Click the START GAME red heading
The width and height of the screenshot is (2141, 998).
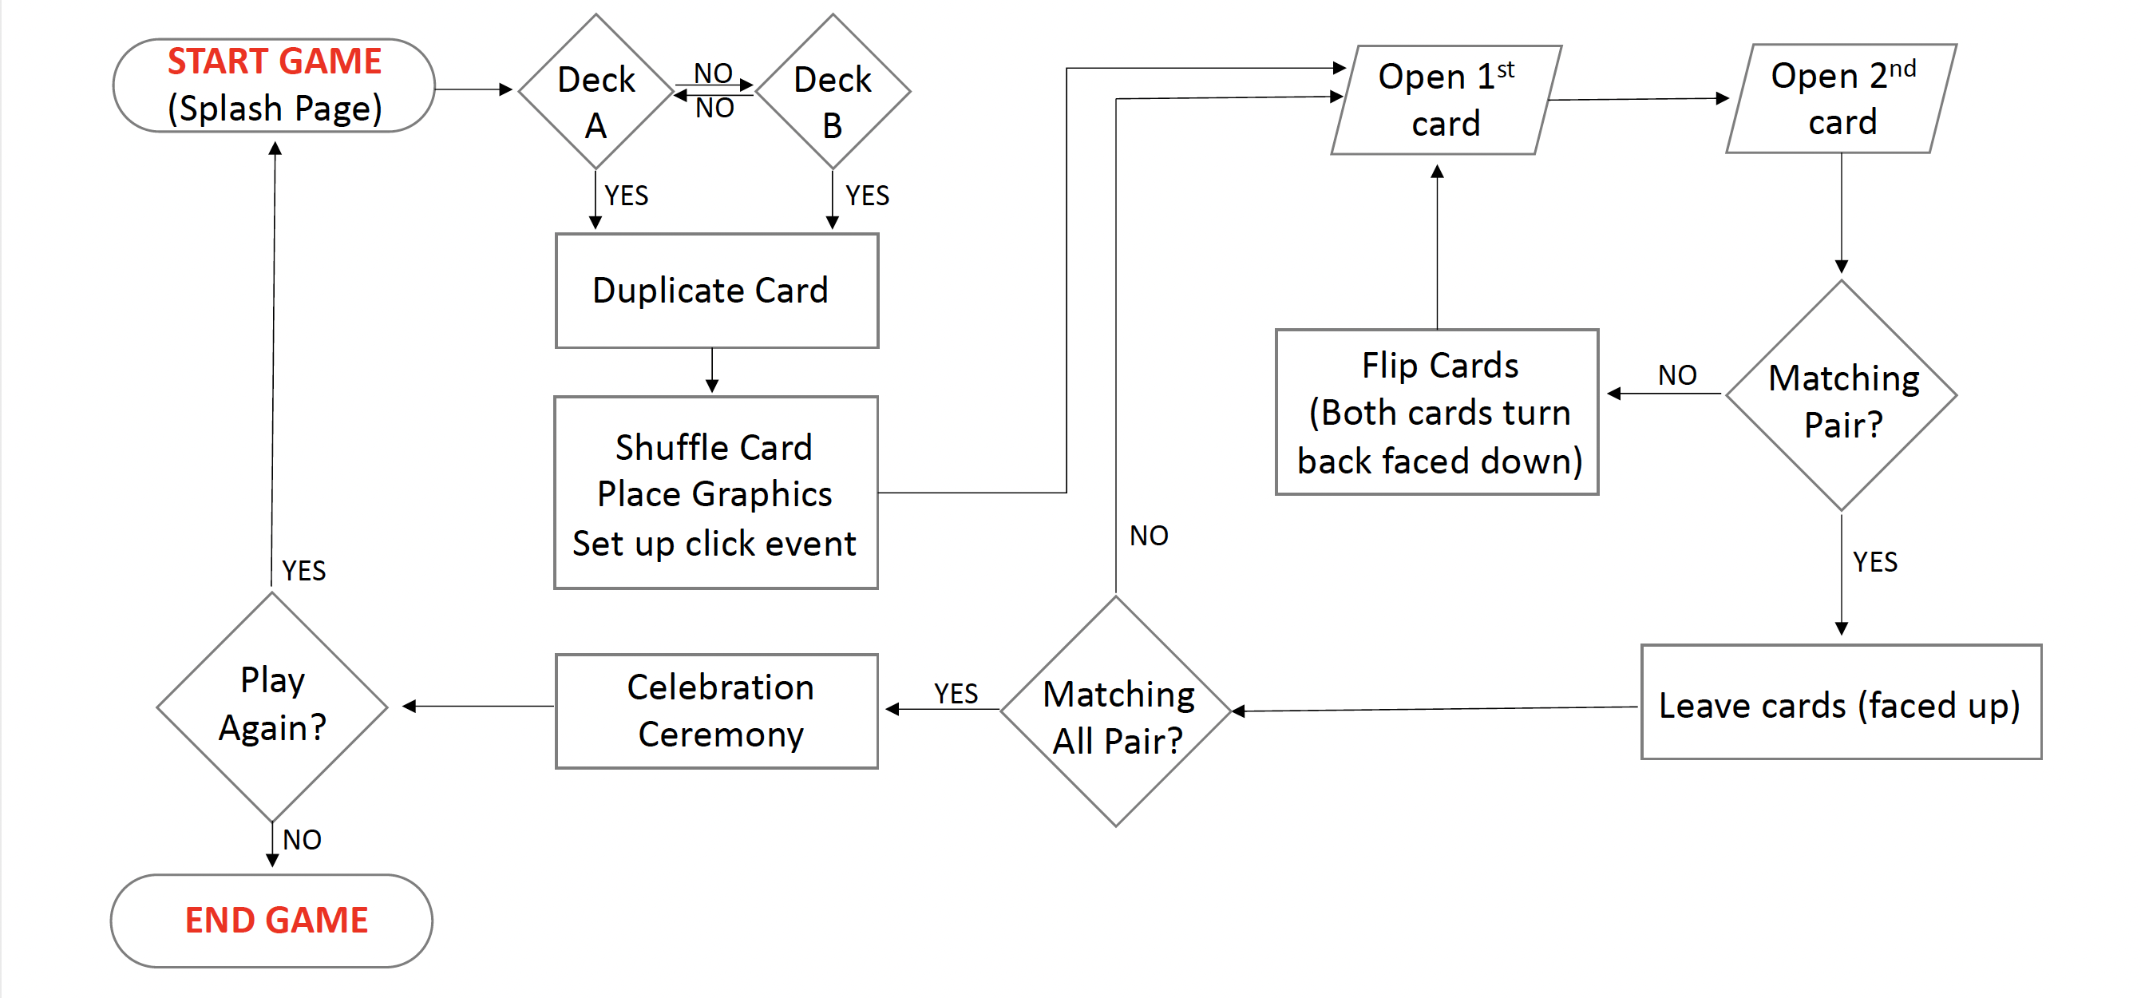[275, 61]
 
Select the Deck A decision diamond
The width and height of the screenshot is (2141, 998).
[596, 91]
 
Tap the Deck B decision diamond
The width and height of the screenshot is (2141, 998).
[833, 91]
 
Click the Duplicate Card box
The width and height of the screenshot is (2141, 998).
[716, 291]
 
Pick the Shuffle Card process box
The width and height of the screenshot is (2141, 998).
[715, 493]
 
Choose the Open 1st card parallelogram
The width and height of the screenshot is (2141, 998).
[1446, 100]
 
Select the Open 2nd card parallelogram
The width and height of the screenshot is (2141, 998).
[1842, 99]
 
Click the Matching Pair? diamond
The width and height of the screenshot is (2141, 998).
[1842, 395]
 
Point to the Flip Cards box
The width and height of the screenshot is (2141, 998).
[1437, 412]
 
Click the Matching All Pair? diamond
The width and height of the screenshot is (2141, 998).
[1116, 711]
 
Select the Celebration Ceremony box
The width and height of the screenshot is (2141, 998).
[716, 711]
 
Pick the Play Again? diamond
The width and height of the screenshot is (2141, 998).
[272, 707]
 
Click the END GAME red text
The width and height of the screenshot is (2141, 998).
[276, 921]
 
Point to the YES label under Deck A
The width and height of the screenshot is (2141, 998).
[626, 196]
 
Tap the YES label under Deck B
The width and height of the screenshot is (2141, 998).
[867, 196]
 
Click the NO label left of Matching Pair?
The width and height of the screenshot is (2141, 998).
[1677, 375]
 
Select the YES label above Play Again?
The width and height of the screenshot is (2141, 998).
[303, 571]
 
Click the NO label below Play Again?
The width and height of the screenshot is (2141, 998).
[302, 840]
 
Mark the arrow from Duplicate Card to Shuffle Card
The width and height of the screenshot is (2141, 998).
[712, 370]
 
